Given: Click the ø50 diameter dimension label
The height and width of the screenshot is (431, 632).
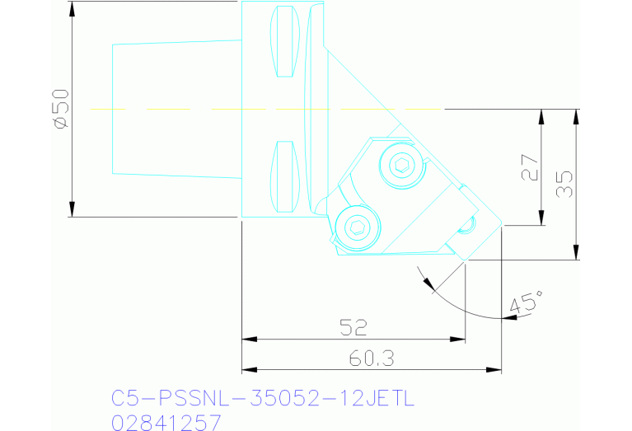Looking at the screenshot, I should tap(60, 109).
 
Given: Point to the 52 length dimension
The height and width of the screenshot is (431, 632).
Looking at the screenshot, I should tap(353, 327).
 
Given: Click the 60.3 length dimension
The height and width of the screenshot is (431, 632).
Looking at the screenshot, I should tap(371, 358).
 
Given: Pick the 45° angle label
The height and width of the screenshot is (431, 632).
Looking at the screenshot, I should tap(527, 301).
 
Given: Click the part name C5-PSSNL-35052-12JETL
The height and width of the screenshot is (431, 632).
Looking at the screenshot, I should tap(263, 399).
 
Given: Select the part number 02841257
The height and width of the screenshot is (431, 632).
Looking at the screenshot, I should tap(166, 422).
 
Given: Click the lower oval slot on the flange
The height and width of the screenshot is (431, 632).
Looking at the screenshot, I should tap(284, 176).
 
